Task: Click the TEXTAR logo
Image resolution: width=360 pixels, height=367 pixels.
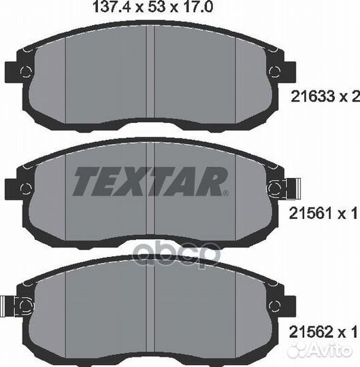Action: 149,181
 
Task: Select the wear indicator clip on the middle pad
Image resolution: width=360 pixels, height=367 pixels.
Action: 291,187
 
